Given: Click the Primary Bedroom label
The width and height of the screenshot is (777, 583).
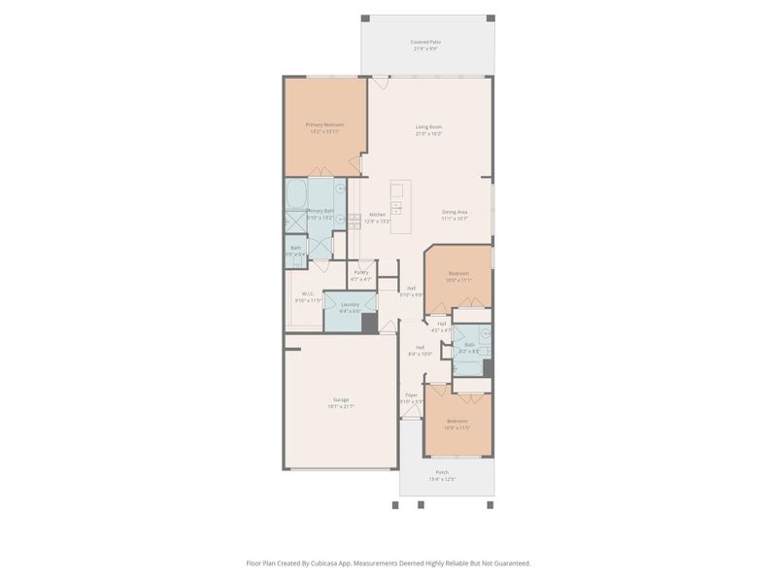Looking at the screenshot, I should (x=325, y=124).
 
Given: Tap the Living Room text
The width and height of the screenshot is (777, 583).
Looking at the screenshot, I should (x=428, y=126).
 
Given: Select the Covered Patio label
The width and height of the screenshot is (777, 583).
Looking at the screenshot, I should (x=425, y=42).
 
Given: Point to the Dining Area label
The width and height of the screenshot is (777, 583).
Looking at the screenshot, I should (x=455, y=212).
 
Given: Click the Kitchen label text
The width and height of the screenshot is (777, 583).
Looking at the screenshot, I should (x=377, y=214).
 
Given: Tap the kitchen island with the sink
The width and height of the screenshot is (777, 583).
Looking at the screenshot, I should (x=397, y=199).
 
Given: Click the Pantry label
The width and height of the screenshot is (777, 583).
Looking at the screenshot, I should (x=361, y=272).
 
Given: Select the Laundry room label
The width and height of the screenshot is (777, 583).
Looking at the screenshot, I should (x=350, y=304).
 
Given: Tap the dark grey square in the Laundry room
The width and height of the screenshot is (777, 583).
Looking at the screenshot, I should (x=369, y=324).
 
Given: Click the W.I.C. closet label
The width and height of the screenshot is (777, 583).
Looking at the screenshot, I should (x=307, y=293).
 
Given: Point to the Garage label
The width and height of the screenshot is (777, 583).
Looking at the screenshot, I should (x=340, y=399).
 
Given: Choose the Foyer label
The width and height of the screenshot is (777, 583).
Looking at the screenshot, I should (x=411, y=394).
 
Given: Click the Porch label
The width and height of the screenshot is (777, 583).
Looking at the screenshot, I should (x=442, y=472).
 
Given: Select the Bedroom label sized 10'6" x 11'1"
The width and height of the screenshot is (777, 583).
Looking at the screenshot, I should (x=457, y=273).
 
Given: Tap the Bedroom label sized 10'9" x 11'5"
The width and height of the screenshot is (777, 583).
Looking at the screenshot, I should (x=457, y=421).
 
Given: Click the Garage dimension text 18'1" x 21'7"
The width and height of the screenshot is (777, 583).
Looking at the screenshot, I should (x=340, y=406).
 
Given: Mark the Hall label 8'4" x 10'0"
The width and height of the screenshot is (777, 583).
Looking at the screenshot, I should (x=421, y=347).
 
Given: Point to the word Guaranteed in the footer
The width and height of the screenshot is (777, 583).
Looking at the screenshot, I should (x=509, y=563).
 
